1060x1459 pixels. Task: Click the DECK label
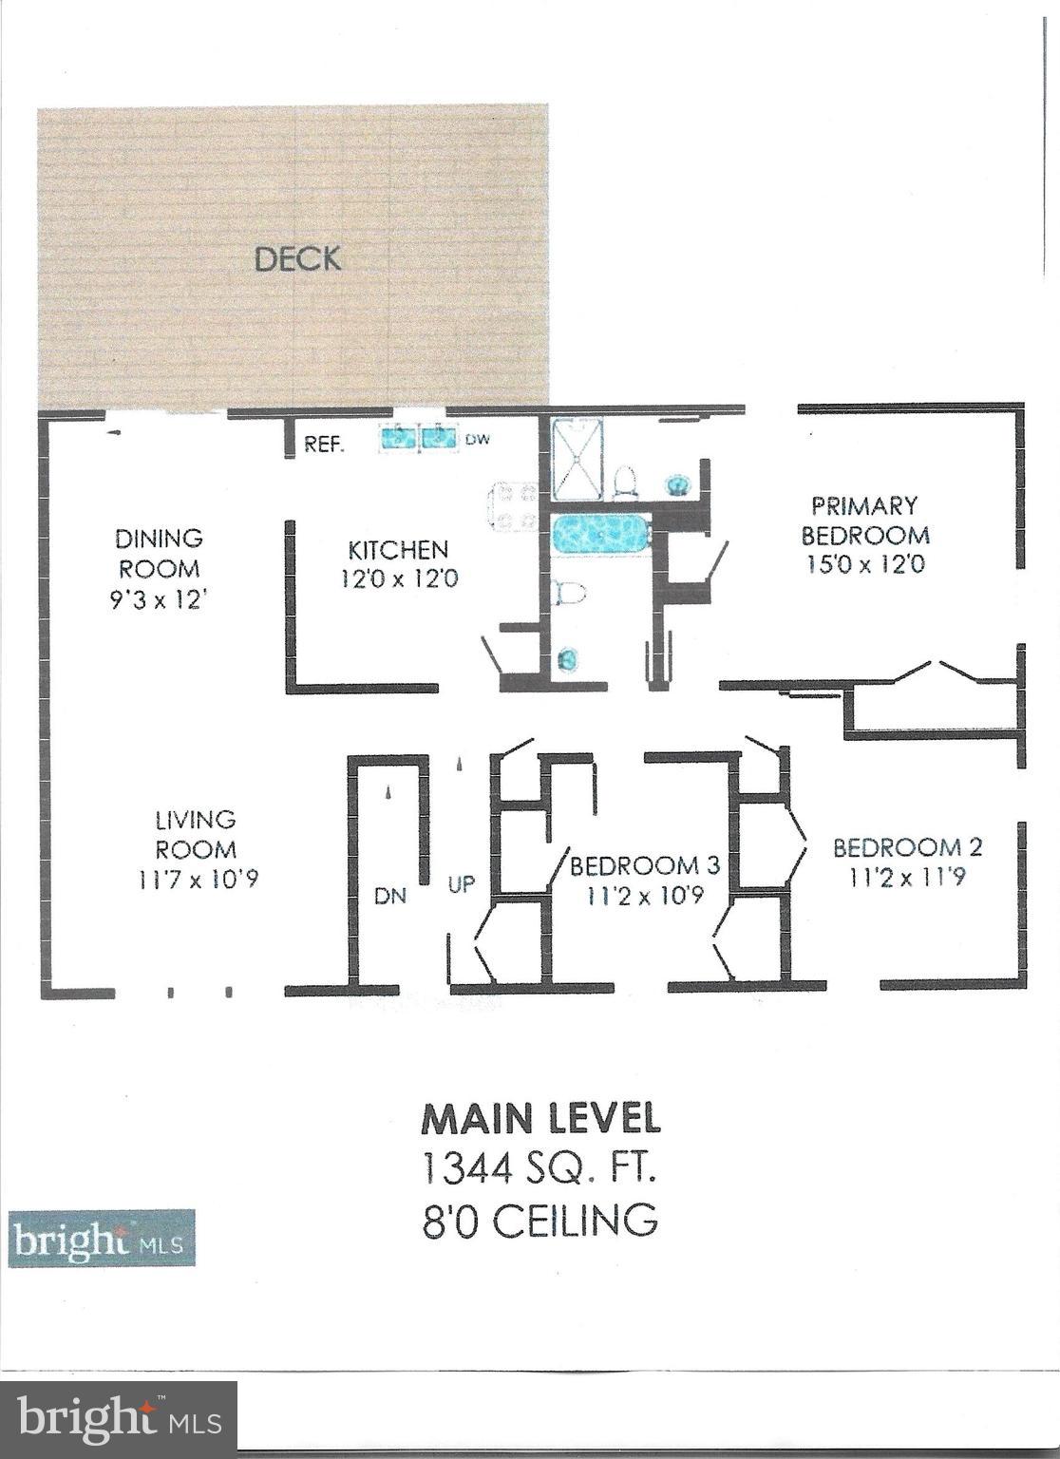297,258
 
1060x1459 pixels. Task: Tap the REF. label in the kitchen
324,445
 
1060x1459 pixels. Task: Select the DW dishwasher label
475,441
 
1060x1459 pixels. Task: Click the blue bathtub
600,534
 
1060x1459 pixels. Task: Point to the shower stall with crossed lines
577,461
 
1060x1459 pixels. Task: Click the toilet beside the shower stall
625,481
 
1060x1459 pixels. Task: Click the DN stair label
389,895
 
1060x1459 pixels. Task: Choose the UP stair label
461,884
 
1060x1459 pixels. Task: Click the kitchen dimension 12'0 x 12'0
399,577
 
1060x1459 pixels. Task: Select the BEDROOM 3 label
644,865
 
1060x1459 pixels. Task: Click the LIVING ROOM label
196,833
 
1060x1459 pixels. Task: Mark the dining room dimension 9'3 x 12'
159,600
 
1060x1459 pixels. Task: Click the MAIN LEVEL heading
539,1118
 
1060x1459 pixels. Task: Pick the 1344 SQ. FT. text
539,1168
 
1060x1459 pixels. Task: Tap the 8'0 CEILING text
539,1219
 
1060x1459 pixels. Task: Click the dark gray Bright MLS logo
119,1419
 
